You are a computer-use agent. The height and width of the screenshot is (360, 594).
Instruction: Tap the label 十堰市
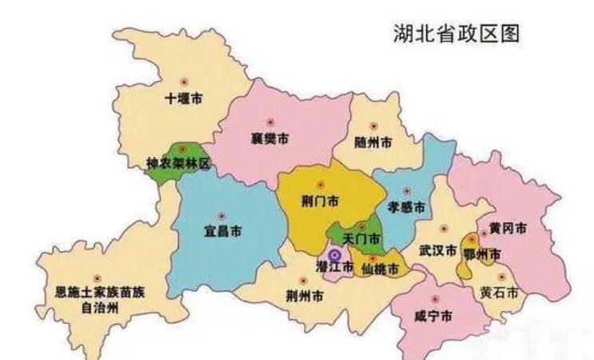tap(184, 100)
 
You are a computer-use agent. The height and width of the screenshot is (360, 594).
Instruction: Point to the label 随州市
tap(374, 143)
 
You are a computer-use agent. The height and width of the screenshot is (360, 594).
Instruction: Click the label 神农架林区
tap(177, 164)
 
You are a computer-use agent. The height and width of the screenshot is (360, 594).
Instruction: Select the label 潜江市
tap(334, 267)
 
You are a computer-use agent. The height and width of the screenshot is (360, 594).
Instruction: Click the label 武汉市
tap(438, 249)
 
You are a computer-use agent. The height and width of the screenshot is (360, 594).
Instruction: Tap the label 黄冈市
tap(508, 228)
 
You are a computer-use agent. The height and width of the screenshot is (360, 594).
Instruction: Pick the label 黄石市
tap(500, 291)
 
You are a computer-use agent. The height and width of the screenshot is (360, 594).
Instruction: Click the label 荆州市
tap(304, 296)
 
